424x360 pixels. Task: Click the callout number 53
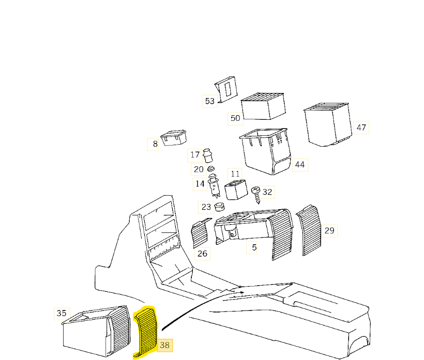(209, 101)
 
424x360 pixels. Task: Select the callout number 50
(235, 118)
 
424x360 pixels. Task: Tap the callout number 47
(361, 127)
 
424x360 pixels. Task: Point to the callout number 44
(299, 165)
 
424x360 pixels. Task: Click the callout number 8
(155, 144)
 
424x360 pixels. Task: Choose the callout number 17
(194, 154)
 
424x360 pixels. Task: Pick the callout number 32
(267, 192)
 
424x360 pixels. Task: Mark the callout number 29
(329, 230)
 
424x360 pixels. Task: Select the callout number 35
(62, 313)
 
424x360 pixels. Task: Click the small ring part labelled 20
(211, 169)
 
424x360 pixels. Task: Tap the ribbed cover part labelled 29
(310, 230)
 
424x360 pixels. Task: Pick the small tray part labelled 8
(173, 138)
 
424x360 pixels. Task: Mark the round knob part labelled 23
(220, 208)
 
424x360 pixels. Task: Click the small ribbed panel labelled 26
(200, 233)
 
